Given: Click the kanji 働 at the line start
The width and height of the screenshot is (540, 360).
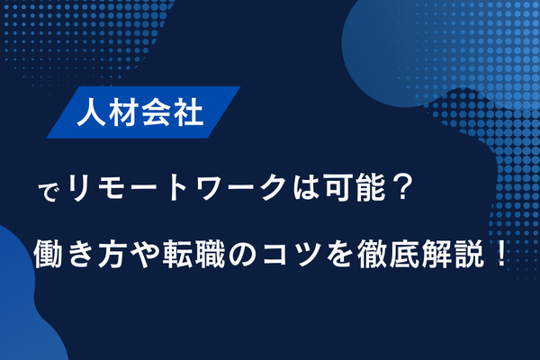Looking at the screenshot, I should (x=49, y=247).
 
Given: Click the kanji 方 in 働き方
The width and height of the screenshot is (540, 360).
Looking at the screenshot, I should (x=112, y=247).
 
